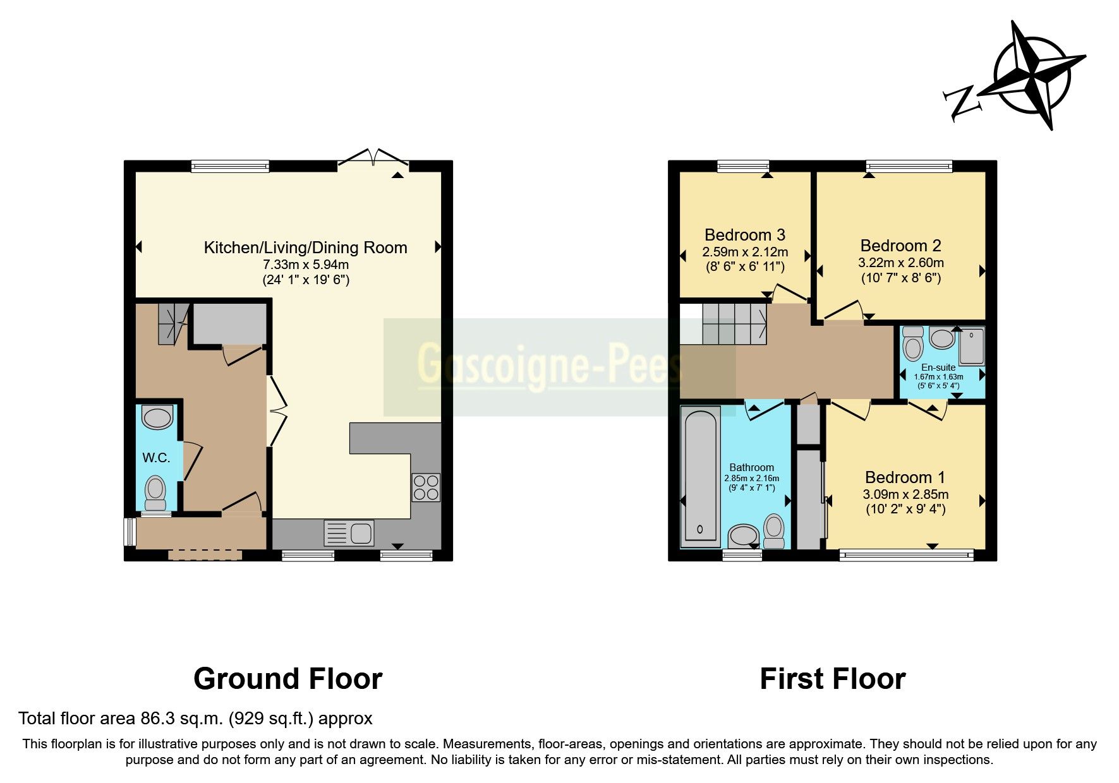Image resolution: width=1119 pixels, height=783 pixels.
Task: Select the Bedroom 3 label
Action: pyautogui.click(x=744, y=235)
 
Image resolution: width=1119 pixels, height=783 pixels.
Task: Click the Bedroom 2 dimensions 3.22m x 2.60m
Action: pyautogui.click(x=900, y=263)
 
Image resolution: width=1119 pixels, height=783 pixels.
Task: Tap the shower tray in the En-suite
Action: pyautogui.click(x=972, y=346)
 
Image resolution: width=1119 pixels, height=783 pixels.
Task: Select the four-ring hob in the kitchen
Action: pyautogui.click(x=425, y=487)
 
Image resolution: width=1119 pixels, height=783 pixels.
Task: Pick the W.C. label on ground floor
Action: pyautogui.click(x=156, y=458)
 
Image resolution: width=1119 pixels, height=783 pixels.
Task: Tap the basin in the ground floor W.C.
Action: pyautogui.click(x=157, y=417)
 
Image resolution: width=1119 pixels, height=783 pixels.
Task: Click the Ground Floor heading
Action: pyautogui.click(x=287, y=679)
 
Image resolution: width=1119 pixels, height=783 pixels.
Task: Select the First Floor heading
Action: pyautogui.click(x=832, y=679)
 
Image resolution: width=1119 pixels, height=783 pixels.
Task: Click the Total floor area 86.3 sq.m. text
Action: pyautogui.click(x=195, y=719)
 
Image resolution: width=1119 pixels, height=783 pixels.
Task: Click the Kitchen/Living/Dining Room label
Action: pyautogui.click(x=305, y=248)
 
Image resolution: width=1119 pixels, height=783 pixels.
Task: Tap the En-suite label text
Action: pyautogui.click(x=938, y=368)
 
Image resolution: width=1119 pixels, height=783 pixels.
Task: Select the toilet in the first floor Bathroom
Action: pyautogui.click(x=774, y=530)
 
